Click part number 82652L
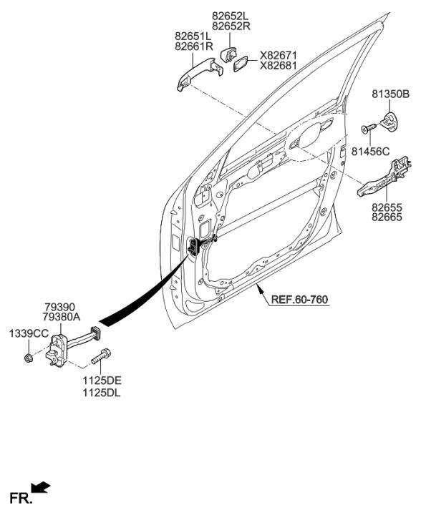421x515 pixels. coord(231,16)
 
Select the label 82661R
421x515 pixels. coord(194,46)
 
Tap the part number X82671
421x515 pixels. coord(278,55)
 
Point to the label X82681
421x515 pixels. coord(278,66)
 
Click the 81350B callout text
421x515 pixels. coord(391,94)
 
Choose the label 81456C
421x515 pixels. coord(370,152)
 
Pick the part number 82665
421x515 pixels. coord(387,217)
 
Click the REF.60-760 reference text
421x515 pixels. coord(299,300)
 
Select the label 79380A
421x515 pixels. coord(62,318)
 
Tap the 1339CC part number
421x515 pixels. coord(29,334)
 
